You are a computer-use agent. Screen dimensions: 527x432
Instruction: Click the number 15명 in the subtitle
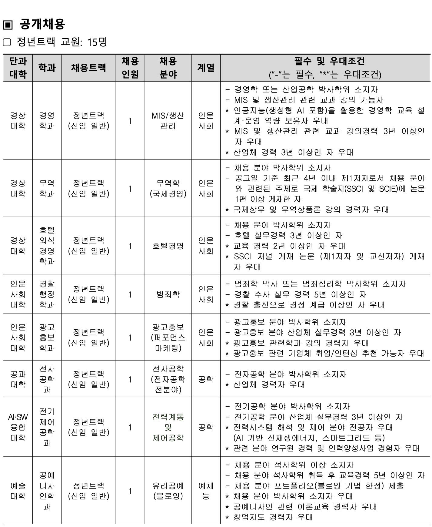point(97,42)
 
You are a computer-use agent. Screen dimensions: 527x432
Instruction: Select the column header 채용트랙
point(88,68)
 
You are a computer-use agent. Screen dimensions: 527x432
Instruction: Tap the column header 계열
point(206,68)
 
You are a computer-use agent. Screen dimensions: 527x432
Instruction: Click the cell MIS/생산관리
point(168,121)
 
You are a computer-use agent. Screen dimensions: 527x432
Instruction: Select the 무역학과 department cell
point(47,188)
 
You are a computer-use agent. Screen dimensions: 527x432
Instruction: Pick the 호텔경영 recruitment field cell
point(168,246)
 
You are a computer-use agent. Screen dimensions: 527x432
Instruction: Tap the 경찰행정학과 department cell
point(47,294)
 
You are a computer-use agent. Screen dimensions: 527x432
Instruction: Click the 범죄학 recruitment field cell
point(168,294)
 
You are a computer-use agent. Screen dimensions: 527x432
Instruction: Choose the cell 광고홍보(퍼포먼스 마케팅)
point(168,337)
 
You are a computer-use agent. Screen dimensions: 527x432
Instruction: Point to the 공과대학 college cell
point(18,379)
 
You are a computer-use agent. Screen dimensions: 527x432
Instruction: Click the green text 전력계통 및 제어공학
point(168,427)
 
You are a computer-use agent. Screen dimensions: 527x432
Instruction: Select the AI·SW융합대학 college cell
point(18,427)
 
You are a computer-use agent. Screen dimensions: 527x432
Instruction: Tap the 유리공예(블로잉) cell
point(168,491)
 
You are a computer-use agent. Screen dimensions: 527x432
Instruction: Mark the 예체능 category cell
point(206,491)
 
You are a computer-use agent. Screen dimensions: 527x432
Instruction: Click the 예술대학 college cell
point(18,491)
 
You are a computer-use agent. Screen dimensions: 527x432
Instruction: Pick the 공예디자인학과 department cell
point(47,491)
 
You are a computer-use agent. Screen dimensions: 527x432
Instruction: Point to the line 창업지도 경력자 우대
point(273,517)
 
